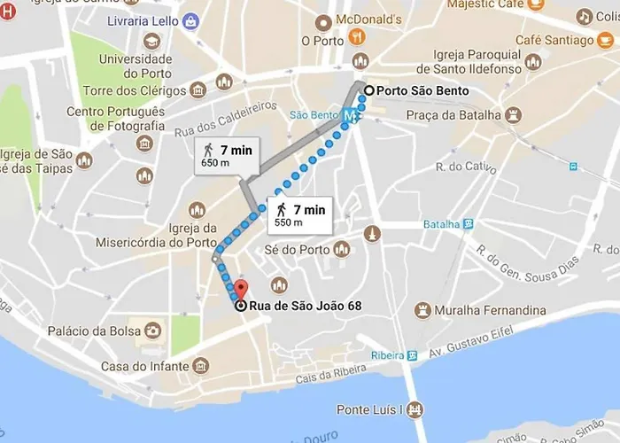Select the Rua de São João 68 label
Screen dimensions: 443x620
[305, 307]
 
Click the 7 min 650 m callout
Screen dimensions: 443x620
[226, 156]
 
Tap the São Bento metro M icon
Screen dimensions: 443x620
[353, 115]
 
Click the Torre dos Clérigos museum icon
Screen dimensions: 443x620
[198, 89]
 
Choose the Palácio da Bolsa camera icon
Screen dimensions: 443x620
[153, 331]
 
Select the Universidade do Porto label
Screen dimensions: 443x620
[136, 66]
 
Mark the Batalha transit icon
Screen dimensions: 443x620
[469, 224]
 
